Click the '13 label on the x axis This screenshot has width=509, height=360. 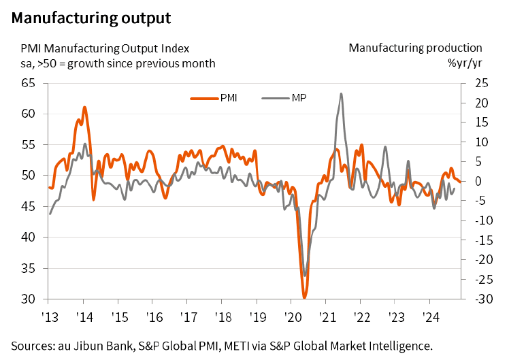[x=48, y=316]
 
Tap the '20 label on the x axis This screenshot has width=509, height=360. [x=291, y=316]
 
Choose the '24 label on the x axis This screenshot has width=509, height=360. [x=429, y=316]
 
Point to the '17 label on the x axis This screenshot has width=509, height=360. [x=186, y=316]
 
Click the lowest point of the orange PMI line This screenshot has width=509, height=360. [x=304, y=297]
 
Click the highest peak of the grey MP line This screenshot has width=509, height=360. [x=340, y=94]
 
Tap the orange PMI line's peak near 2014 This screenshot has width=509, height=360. [x=84, y=108]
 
